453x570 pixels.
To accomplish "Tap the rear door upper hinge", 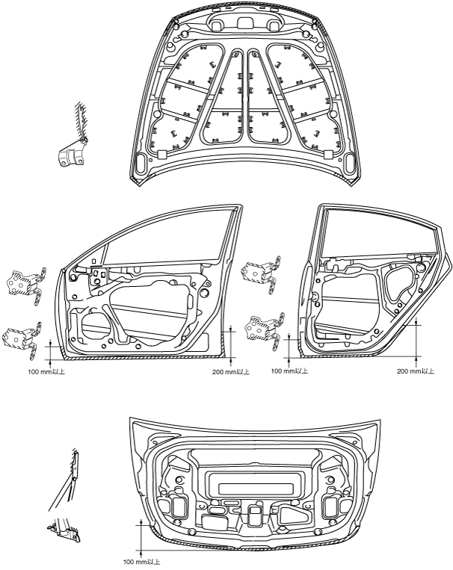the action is click(x=262, y=273).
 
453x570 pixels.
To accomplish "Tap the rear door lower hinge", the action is click(x=265, y=329).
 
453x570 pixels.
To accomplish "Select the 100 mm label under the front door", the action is click(x=46, y=372).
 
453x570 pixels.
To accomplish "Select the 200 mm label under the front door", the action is click(x=231, y=372).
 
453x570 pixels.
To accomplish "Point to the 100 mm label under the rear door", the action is click(x=289, y=371).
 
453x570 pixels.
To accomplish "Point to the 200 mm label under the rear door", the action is click(x=416, y=371).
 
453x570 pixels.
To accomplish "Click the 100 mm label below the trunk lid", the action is click(x=141, y=562).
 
